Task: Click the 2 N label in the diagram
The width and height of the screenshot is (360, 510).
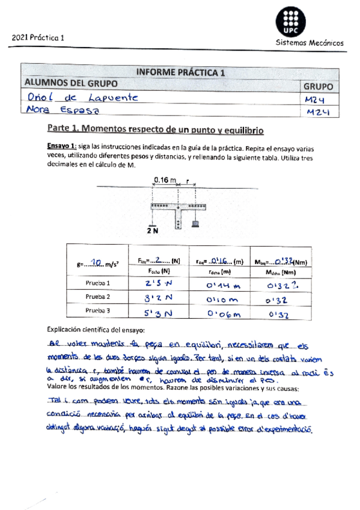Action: pos(153,230)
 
